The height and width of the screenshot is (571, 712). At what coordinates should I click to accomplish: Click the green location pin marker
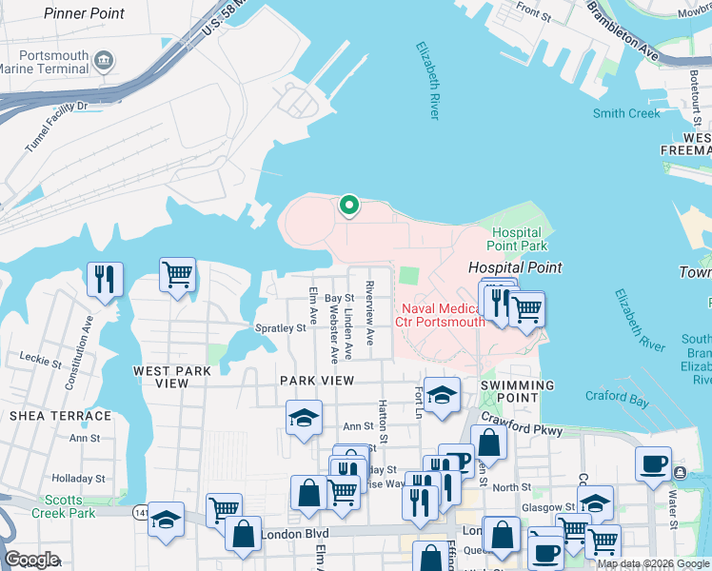coord(349,205)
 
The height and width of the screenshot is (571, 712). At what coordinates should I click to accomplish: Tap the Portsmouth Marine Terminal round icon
coord(104,62)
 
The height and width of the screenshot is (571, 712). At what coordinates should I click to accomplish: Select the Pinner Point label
coord(84,14)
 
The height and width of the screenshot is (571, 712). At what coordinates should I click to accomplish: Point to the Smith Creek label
coord(626,113)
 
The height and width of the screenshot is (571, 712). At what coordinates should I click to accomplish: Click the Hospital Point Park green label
coord(517,239)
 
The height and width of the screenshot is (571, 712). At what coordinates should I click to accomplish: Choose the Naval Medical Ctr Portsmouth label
coord(444,314)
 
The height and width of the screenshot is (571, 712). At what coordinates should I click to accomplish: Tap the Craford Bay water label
coord(617,401)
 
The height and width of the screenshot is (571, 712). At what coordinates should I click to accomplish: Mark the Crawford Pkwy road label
coord(521,423)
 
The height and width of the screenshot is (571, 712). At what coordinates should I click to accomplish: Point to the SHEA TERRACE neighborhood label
coord(60,416)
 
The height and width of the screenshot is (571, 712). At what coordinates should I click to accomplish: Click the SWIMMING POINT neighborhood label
coord(517,385)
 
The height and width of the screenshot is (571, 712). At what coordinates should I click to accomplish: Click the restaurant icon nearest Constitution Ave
coord(104,279)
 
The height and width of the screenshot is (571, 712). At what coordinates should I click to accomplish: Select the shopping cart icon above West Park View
coord(178,275)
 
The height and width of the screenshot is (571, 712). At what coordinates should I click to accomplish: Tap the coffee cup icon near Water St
coord(653,463)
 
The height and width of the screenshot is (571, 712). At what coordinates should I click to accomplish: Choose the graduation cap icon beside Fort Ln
coord(442,395)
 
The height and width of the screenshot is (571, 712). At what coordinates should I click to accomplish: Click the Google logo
coord(32,560)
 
